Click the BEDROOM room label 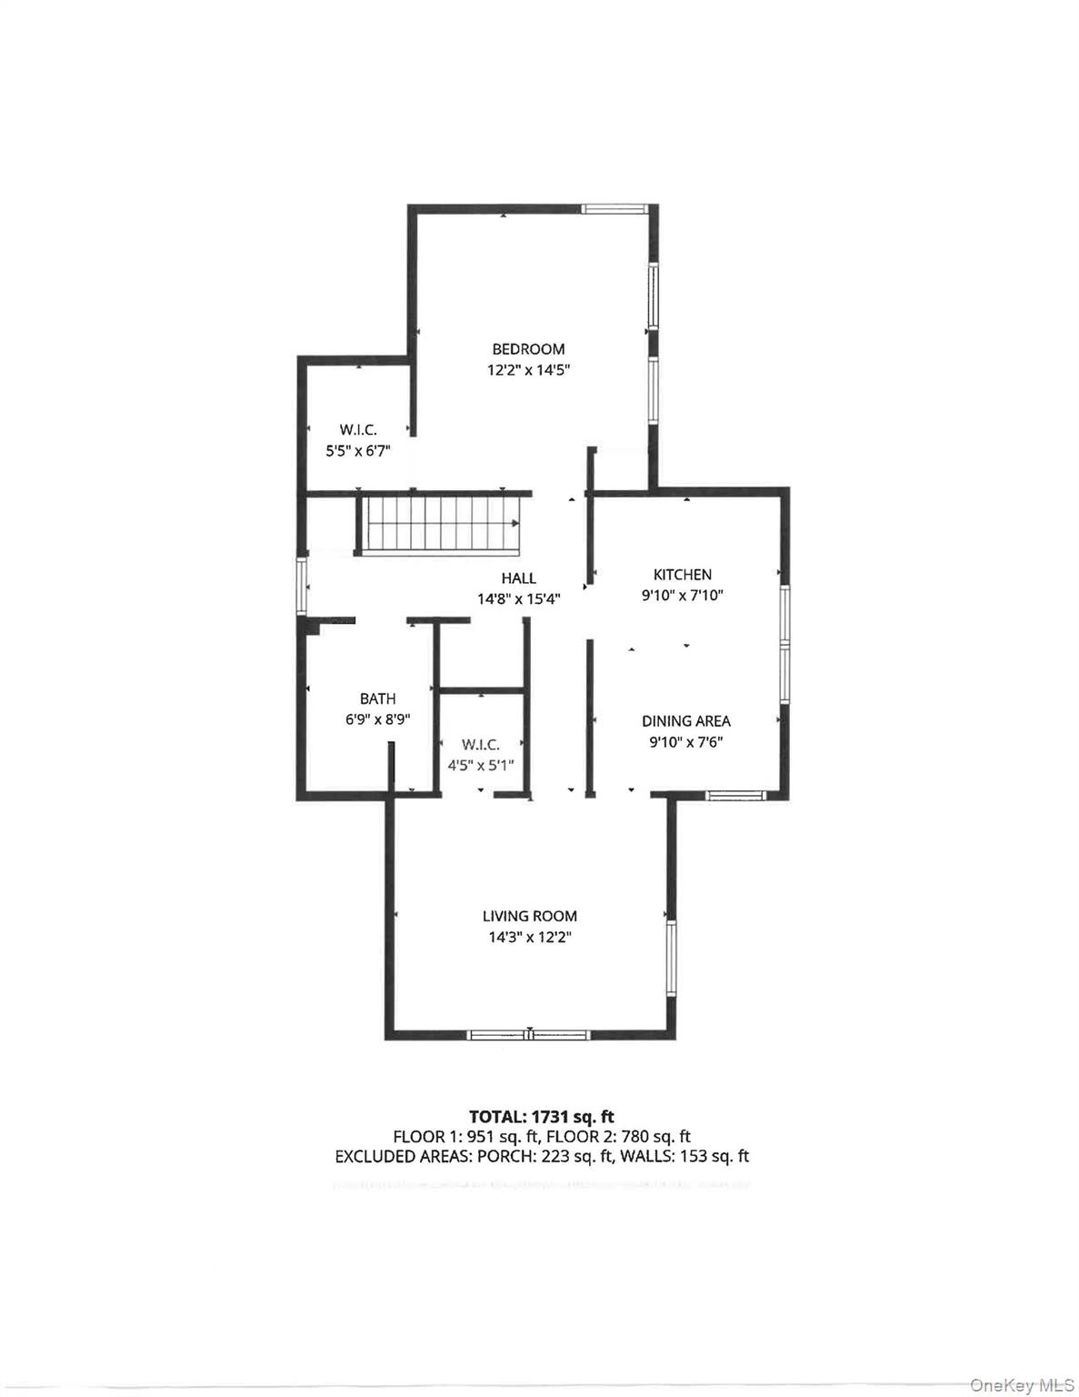click(x=528, y=349)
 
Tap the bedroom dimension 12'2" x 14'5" click(x=528, y=370)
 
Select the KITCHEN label click(x=682, y=574)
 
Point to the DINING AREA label click(x=686, y=720)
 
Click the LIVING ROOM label click(x=530, y=916)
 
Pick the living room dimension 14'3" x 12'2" click(x=530, y=938)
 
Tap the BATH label click(x=377, y=698)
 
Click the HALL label click(x=519, y=578)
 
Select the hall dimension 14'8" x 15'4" click(x=519, y=599)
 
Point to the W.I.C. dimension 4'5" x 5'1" click(x=481, y=766)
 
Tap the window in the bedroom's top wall click(x=614, y=208)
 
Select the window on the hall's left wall click(x=301, y=585)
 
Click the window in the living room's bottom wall click(x=528, y=1035)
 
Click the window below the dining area click(x=736, y=795)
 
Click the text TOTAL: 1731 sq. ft click(x=542, y=1117)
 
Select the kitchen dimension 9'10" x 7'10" click(x=683, y=596)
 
